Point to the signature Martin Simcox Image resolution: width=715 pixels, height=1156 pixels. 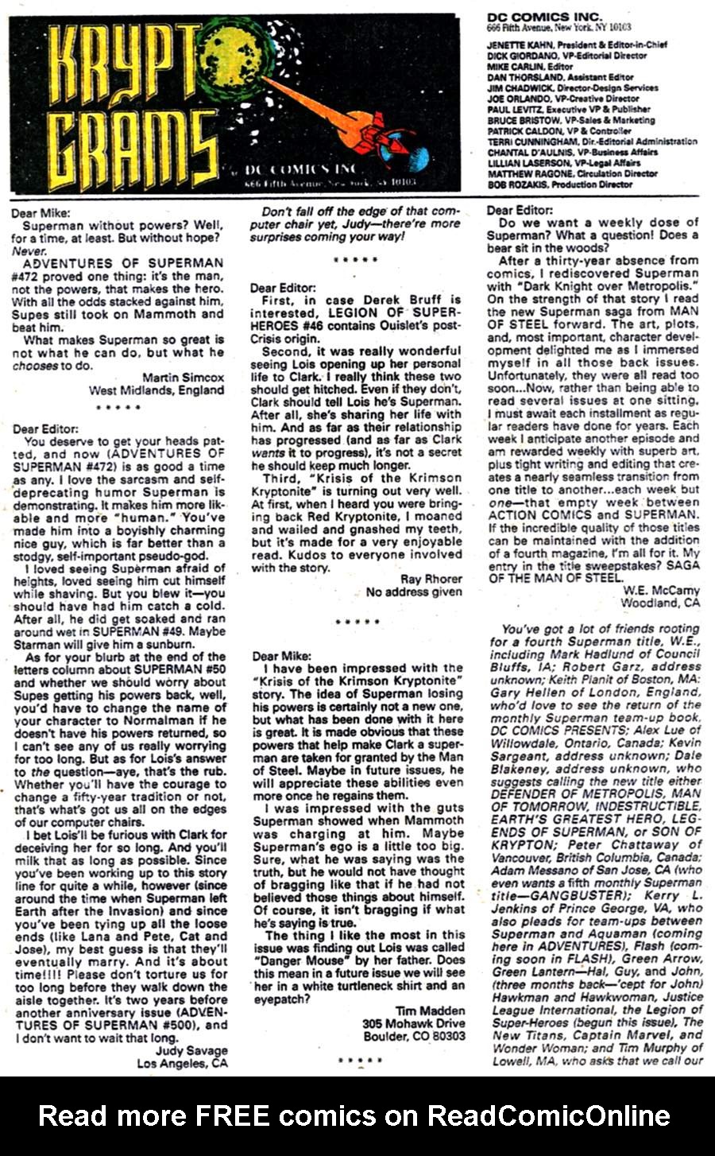pyautogui.click(x=184, y=377)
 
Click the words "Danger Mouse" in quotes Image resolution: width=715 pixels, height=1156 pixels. pyautogui.click(x=290, y=960)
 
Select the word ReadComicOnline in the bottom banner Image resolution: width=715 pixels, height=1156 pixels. pyautogui.click(x=549, y=1115)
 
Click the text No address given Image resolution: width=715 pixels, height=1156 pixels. pyautogui.click(x=414, y=592)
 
